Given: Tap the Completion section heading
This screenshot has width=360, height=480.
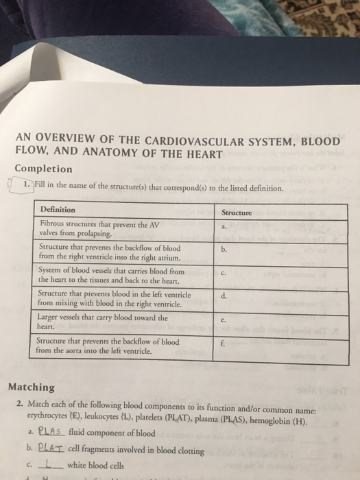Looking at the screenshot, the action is [x=43, y=169].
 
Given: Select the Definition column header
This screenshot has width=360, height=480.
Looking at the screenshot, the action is [x=58, y=209].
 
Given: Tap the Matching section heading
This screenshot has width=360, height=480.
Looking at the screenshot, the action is [x=32, y=387].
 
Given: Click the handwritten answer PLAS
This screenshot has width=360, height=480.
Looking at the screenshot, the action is [x=52, y=433].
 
